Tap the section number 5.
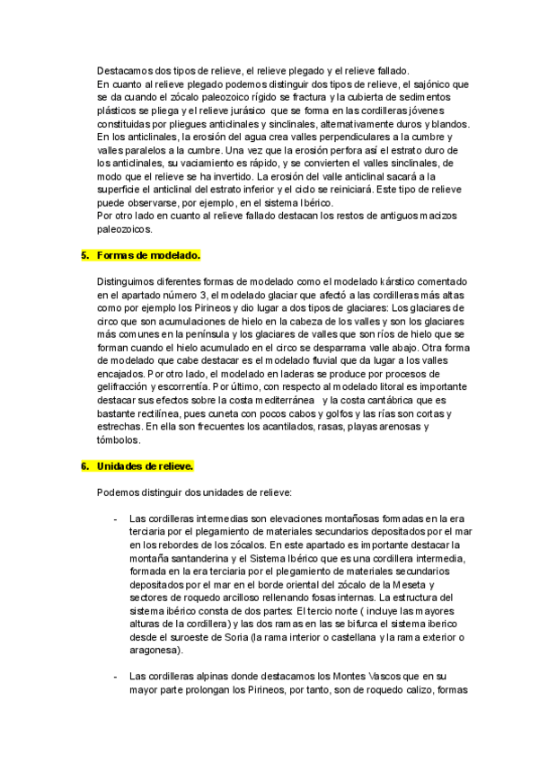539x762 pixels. pyautogui.click(x=84, y=255)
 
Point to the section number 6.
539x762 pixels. pyautogui.click(x=84, y=466)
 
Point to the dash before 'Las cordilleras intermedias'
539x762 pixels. pyautogui.click(x=114, y=519)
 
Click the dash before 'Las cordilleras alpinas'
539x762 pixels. pyautogui.click(x=114, y=677)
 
